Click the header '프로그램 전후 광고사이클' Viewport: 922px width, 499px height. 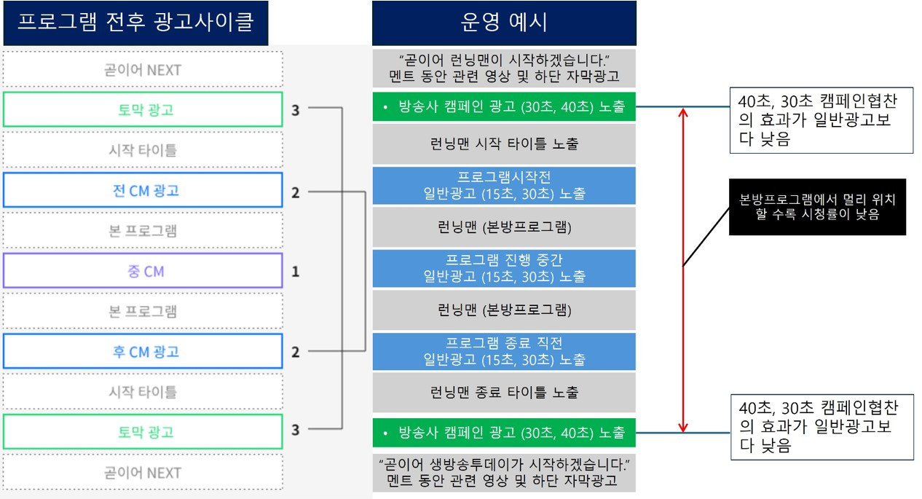point(135,23)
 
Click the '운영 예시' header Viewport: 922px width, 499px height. point(504,23)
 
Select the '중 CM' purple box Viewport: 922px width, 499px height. point(142,271)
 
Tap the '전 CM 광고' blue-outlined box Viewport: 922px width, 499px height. point(142,191)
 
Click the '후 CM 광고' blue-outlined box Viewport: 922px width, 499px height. point(142,352)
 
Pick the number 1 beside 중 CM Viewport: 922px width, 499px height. point(295,272)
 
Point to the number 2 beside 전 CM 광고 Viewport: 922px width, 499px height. point(295,192)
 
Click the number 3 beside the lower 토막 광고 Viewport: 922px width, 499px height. point(295,430)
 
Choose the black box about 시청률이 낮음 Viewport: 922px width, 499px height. point(817,207)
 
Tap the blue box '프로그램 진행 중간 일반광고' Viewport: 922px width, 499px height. point(504,268)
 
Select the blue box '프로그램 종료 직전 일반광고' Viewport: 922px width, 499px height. point(504,351)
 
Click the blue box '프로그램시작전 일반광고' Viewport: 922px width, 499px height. point(504,186)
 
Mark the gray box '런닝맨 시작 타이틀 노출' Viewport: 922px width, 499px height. point(504,144)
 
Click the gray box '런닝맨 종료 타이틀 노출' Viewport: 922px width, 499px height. point(504,393)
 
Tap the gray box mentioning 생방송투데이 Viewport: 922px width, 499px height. point(504,472)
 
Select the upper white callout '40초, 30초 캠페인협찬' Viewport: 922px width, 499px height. point(821,121)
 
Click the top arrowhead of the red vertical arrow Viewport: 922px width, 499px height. point(682,111)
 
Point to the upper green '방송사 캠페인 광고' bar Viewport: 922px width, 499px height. point(504,106)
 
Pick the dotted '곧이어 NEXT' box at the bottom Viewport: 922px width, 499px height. point(142,472)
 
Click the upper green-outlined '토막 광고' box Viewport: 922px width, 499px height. point(142,110)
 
